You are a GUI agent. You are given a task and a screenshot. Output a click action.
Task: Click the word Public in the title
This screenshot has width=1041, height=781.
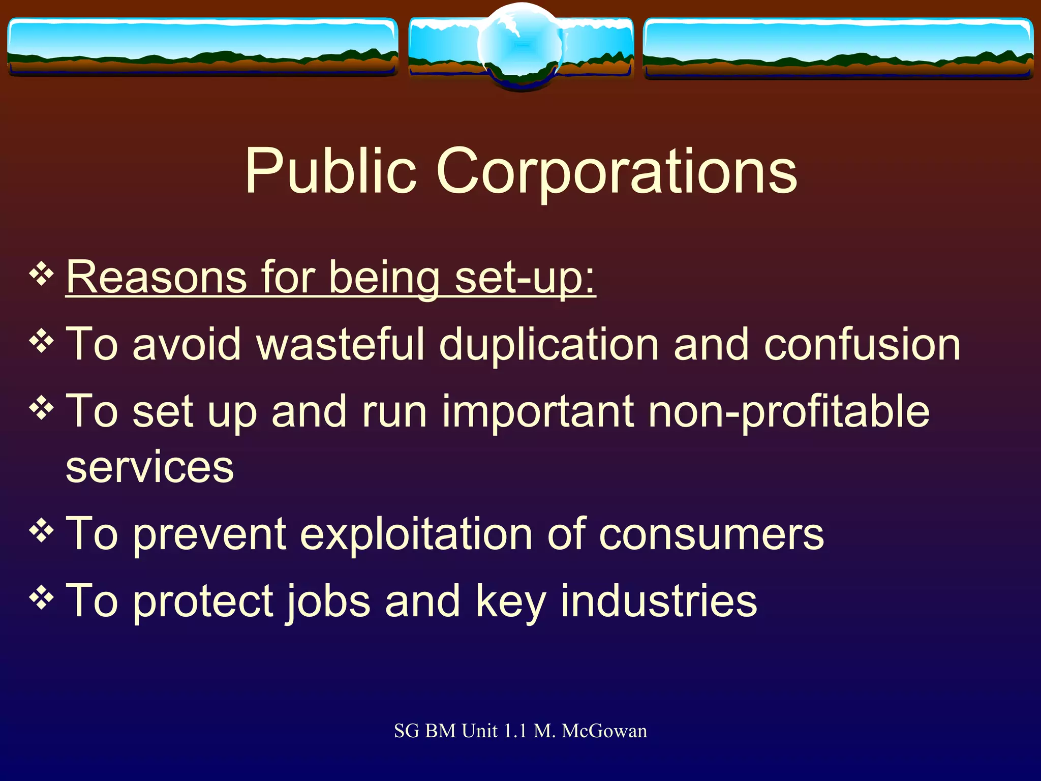click(330, 171)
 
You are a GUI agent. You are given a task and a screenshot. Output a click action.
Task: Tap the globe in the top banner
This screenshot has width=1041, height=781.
click(520, 46)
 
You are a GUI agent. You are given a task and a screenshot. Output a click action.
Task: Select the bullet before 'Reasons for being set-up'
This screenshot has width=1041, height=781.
click(42, 275)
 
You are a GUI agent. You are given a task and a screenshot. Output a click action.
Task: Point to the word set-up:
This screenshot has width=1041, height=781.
click(525, 279)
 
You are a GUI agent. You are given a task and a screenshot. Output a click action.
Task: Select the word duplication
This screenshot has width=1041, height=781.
click(549, 345)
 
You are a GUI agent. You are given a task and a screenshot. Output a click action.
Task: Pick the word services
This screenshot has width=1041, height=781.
click(150, 467)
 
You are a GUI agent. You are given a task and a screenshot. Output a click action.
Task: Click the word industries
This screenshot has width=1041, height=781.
click(659, 602)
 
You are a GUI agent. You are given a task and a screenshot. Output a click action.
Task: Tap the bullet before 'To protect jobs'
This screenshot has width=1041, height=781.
click(42, 598)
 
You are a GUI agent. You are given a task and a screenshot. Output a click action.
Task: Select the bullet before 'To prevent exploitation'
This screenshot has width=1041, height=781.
click(42, 531)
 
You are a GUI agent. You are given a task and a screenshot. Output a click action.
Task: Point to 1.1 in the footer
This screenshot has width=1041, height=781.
click(515, 731)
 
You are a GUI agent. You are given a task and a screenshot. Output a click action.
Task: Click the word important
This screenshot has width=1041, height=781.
click(538, 412)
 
